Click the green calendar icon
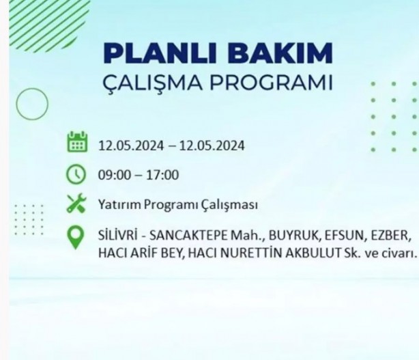point(76,143)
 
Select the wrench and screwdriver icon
point(76,204)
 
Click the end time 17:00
point(163,175)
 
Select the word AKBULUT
point(318,253)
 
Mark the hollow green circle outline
point(31,104)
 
